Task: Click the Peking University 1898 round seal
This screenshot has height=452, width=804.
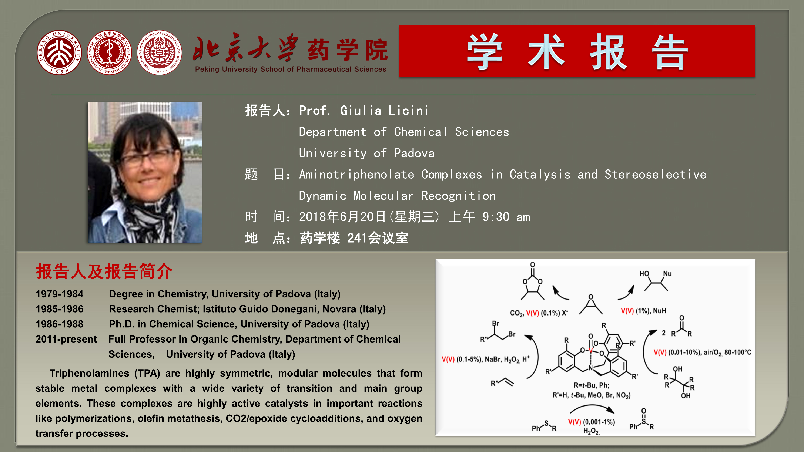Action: point(59,52)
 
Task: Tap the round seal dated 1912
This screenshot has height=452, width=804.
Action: point(109,52)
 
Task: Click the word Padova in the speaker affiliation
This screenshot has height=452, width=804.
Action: point(414,153)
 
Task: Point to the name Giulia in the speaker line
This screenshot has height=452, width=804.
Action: point(361,110)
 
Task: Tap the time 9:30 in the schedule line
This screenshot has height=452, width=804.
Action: point(496,217)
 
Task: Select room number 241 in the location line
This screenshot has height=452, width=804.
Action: point(357,238)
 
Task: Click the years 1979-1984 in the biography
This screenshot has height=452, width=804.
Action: point(59,294)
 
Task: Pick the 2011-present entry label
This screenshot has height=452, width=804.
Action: point(66,339)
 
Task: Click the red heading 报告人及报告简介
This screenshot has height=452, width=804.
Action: point(104,271)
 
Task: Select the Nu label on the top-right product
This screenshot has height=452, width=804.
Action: point(667,274)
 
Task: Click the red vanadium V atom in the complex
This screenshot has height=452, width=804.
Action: point(590,350)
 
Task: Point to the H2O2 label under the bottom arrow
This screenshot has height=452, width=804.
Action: point(591,431)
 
